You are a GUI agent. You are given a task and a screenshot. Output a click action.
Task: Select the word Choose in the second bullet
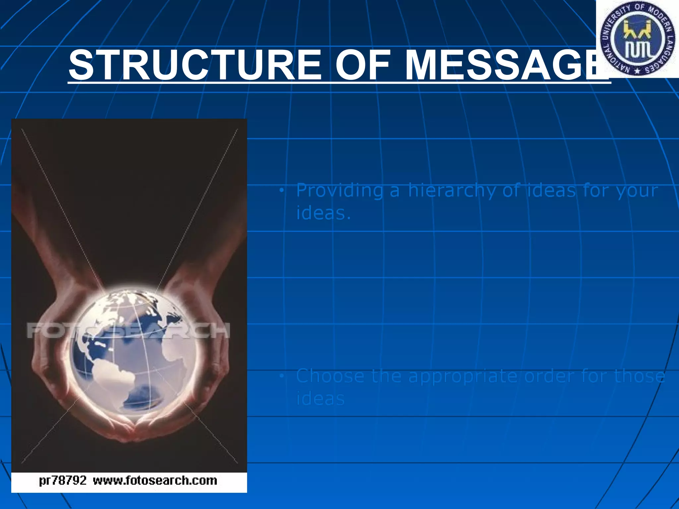(x=330, y=376)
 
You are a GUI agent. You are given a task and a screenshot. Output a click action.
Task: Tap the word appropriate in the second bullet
(x=463, y=377)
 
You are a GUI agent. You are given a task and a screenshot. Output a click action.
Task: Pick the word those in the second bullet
(x=640, y=376)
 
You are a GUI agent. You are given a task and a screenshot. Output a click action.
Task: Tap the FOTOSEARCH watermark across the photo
(x=128, y=330)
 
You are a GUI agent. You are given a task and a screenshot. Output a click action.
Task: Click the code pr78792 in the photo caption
(x=63, y=481)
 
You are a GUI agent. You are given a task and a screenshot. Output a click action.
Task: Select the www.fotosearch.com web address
(x=155, y=481)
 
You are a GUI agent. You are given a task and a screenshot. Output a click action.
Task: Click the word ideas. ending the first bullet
(x=323, y=213)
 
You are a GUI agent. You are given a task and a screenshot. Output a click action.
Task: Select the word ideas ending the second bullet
(x=320, y=399)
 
